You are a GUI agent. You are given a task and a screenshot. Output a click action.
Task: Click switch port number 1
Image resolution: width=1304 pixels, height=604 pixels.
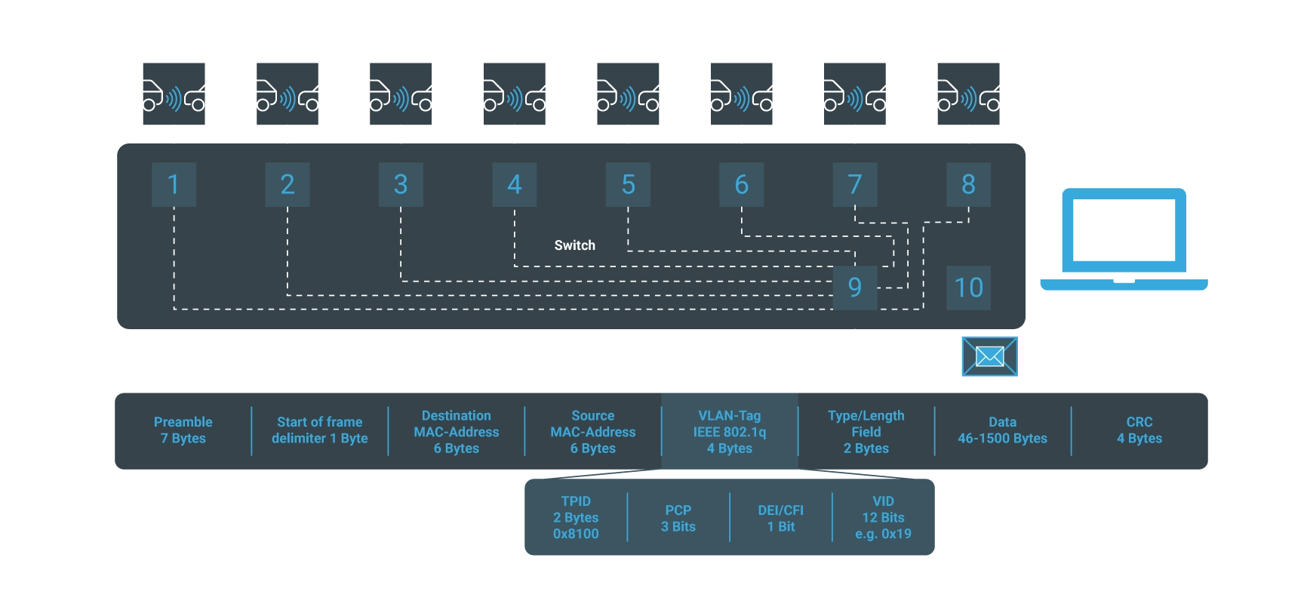[174, 184]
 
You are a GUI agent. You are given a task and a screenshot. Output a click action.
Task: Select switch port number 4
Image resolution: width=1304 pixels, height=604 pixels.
[514, 184]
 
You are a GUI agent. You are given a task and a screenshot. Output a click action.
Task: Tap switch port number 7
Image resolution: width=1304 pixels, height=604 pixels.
[854, 184]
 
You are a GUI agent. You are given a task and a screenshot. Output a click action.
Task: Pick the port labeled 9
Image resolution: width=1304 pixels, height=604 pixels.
[854, 287]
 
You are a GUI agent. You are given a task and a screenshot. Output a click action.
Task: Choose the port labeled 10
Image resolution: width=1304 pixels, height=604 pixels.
[968, 287]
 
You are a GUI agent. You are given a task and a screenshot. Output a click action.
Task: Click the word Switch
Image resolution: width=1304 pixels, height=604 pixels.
[574, 245]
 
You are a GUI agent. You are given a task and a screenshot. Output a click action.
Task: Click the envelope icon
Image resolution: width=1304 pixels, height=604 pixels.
[989, 356]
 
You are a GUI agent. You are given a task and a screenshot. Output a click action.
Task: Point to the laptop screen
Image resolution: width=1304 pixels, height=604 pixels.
[1124, 230]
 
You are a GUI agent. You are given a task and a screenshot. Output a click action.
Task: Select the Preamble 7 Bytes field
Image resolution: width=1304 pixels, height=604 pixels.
[183, 430]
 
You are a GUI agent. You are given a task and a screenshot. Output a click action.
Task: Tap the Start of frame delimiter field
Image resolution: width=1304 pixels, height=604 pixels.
[319, 430]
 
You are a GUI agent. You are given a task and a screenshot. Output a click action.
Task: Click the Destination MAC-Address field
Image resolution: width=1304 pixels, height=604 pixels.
[456, 432]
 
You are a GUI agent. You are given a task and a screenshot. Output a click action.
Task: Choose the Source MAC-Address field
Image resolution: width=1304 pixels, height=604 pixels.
[592, 432]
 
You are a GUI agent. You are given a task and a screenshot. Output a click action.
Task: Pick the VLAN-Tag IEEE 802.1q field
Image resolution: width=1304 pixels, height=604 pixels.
[729, 432]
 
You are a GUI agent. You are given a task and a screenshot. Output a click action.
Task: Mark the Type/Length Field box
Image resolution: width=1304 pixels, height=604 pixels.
[866, 432]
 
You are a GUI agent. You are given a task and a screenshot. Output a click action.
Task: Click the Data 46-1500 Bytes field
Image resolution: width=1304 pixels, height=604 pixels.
[1002, 430]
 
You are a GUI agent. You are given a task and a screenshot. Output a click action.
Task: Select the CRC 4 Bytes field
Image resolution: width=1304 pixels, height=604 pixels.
[1139, 430]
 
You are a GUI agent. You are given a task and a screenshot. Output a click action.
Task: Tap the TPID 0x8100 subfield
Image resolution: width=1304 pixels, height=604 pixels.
[575, 517]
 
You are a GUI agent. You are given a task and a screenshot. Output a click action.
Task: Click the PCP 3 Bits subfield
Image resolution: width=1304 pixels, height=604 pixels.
[678, 518]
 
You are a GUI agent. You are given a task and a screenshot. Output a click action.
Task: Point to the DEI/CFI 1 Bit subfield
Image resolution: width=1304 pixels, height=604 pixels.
[780, 518]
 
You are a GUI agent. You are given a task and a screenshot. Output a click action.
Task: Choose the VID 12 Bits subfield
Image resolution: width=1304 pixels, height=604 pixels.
[883, 517]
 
